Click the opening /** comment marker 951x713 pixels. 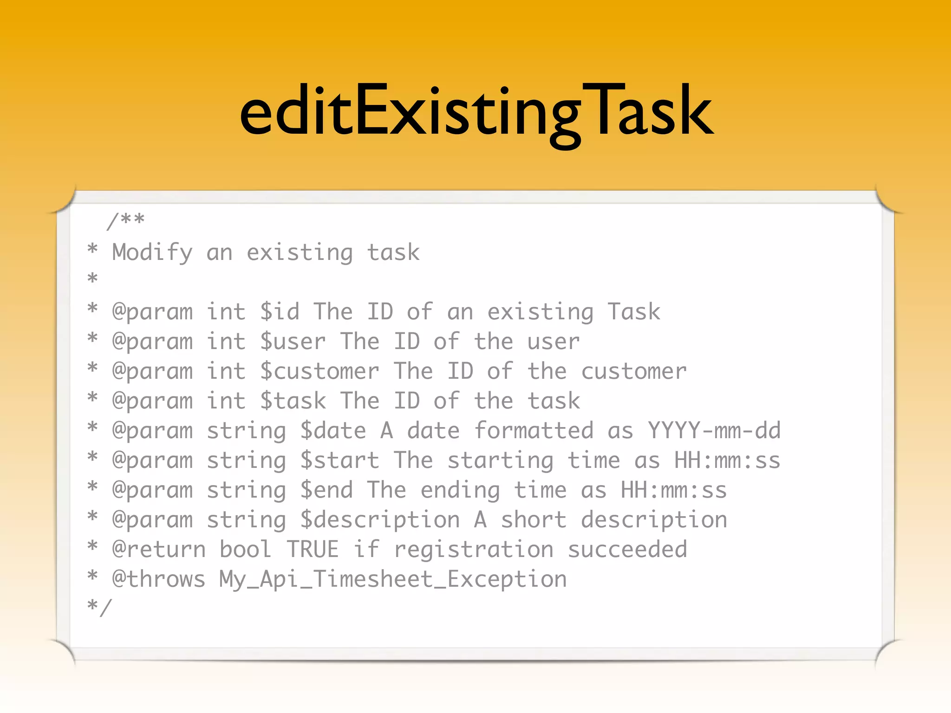(125, 220)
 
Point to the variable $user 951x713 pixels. (293, 342)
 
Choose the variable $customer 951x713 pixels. (319, 371)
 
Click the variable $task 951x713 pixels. (293, 401)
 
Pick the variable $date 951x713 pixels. (333, 431)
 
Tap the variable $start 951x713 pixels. (339, 460)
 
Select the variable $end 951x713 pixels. (326, 490)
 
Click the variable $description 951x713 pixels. (380, 520)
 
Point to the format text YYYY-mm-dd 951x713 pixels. (714, 431)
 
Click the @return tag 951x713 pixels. (159, 550)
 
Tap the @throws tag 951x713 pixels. (159, 579)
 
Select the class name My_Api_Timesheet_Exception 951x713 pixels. (393, 579)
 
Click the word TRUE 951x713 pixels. (313, 550)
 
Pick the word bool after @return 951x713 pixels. (245, 550)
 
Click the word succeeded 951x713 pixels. (627, 550)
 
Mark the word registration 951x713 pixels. (474, 550)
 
